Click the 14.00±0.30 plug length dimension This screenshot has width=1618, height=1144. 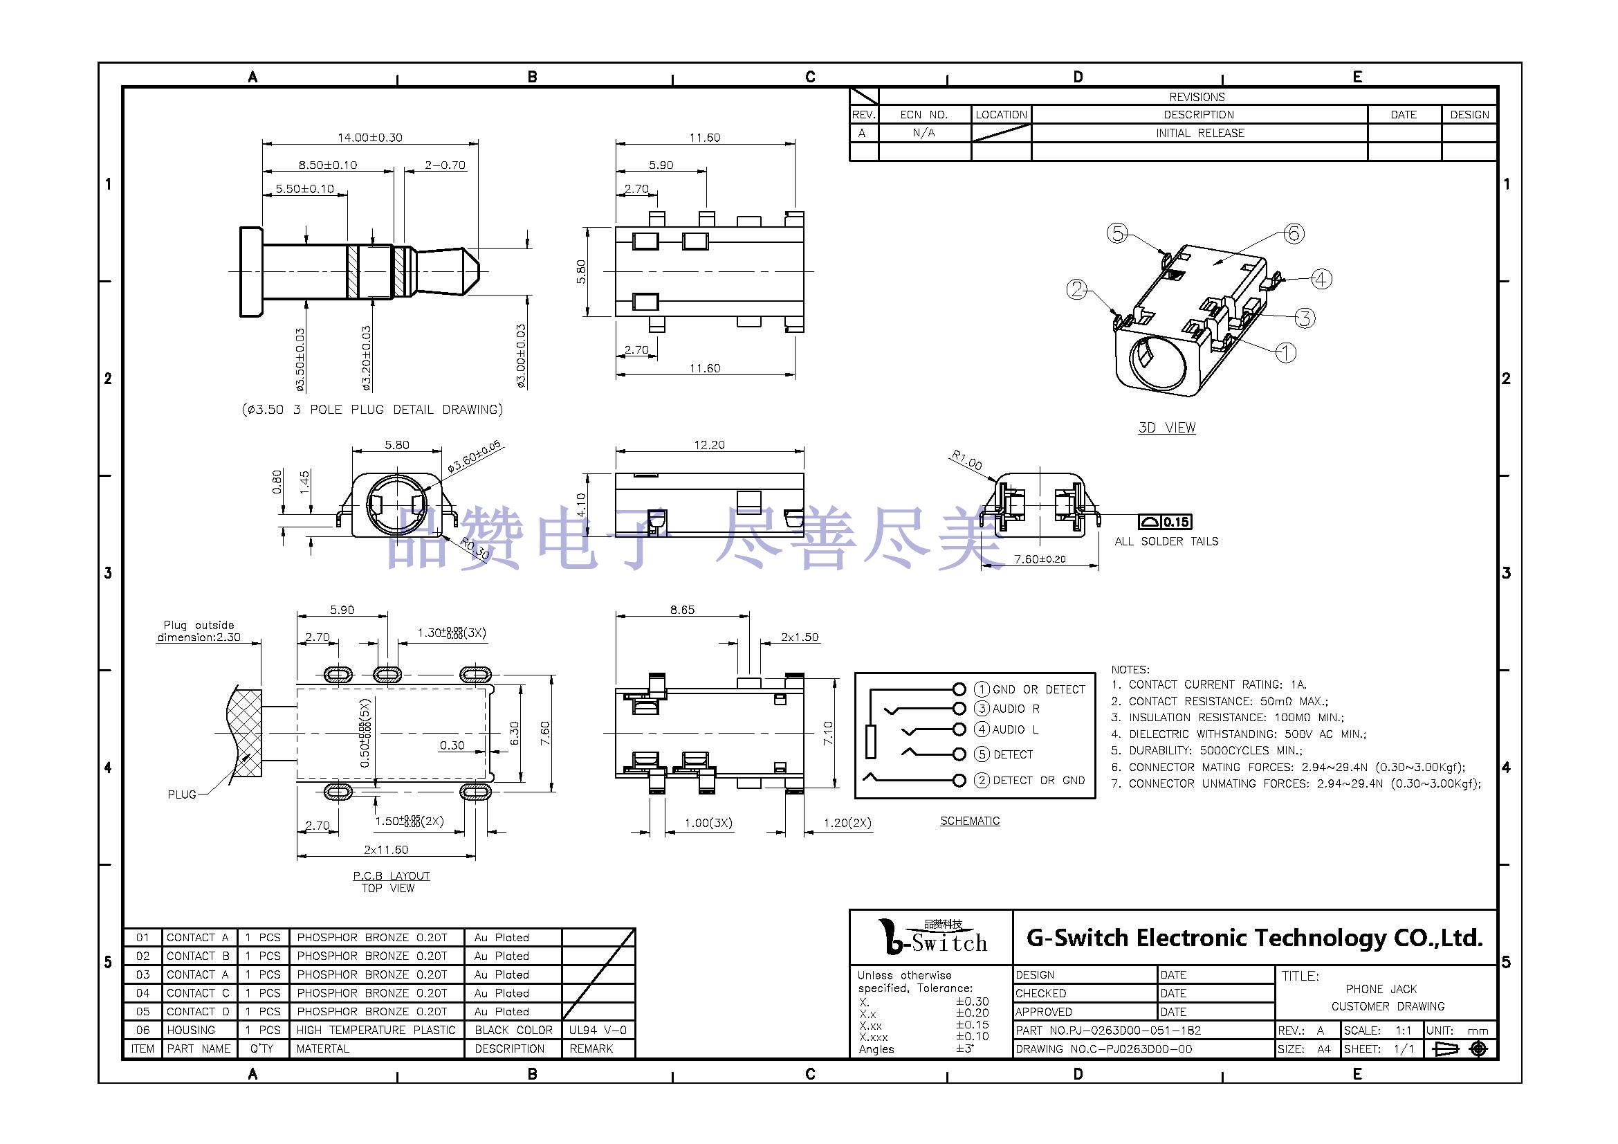tap(370, 138)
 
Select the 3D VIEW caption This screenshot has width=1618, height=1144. tap(1166, 428)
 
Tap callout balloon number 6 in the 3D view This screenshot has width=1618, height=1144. tap(1293, 233)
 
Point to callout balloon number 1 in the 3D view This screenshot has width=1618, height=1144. tap(1286, 352)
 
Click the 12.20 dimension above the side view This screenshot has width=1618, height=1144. tap(709, 445)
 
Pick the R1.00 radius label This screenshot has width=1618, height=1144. tap(966, 460)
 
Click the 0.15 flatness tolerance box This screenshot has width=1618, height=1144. tap(1175, 523)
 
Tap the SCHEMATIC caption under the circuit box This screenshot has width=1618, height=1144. tap(970, 821)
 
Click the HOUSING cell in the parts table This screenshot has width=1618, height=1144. tap(191, 1030)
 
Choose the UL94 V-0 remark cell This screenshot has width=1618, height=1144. tap(598, 1030)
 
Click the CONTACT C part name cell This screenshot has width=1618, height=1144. tap(197, 993)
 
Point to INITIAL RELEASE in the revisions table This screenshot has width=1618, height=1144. tap(1199, 133)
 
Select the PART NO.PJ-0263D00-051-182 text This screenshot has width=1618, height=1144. tap(1107, 1030)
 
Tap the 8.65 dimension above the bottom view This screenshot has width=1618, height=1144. tap(682, 610)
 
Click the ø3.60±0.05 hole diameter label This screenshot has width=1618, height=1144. tap(474, 457)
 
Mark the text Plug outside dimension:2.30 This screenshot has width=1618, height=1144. tap(199, 631)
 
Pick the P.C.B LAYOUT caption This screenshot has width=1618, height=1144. tap(391, 876)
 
